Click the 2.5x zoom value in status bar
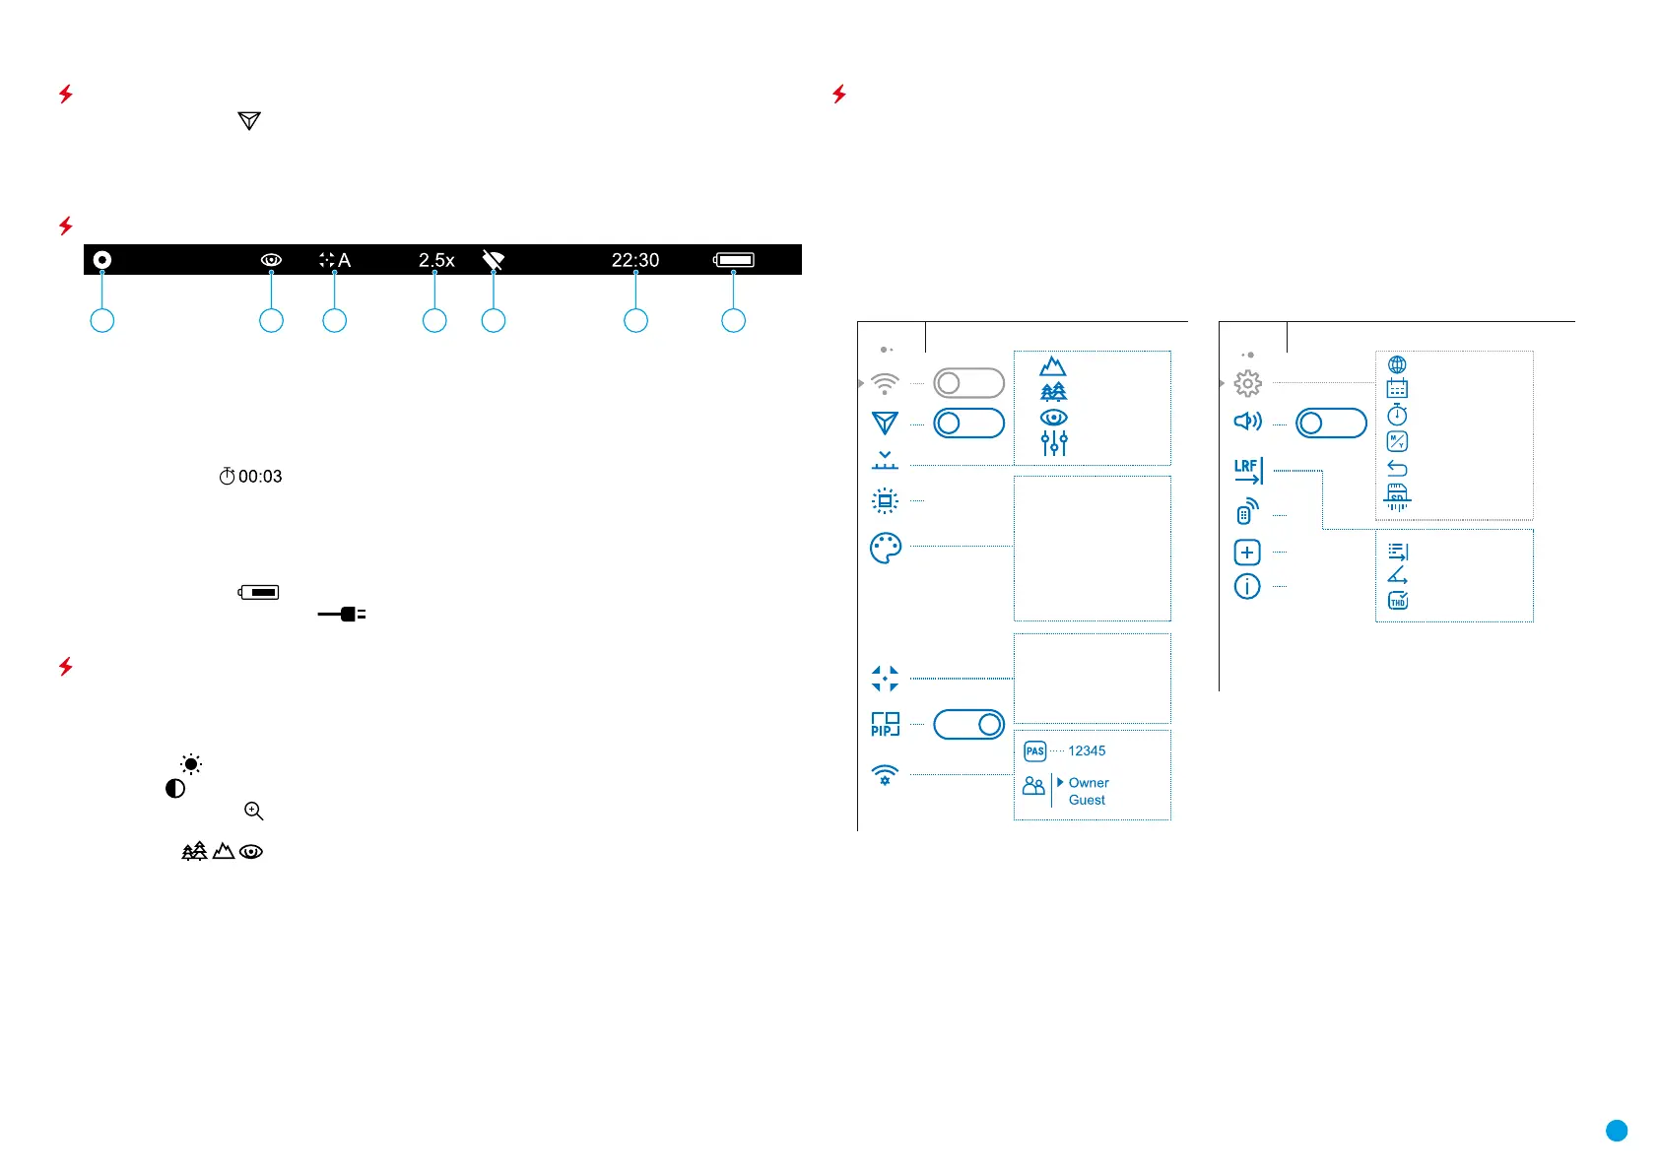pos(436,260)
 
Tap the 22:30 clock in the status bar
pos(635,260)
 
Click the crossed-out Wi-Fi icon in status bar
pos(494,260)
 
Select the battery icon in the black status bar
pos(734,260)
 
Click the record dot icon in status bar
pos(101,260)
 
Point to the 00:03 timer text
pos(260,477)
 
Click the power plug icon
pos(342,615)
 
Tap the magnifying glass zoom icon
pos(254,812)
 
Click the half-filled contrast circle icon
pos(175,789)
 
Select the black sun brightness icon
pos(191,764)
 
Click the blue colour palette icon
pos(886,548)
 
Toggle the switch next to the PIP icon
pos(968,725)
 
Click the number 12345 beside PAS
pos(1087,750)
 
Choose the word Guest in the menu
pos(1087,800)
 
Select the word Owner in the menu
pos(1089,783)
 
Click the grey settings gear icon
pos(1247,383)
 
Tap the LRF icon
pos(1248,472)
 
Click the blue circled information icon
pos(1247,587)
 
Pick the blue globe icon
pos(1397,365)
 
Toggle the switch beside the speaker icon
pos(1331,424)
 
